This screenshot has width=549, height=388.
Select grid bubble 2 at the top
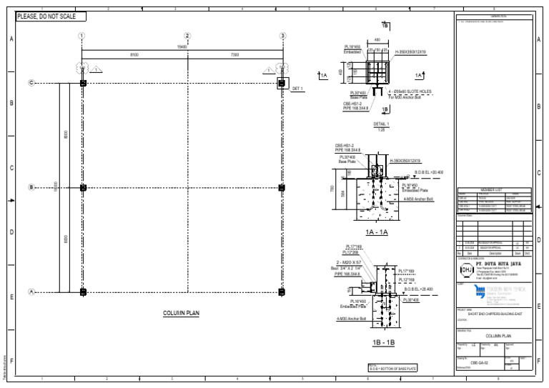(187, 36)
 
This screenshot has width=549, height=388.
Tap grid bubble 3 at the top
(282, 36)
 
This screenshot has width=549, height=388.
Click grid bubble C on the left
(31, 84)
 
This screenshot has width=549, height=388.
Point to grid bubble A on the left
(31, 292)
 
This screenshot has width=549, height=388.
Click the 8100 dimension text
(134, 54)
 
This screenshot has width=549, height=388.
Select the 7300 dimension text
(234, 54)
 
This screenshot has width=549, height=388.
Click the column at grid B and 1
(83, 188)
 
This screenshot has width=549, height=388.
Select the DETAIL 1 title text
(382, 124)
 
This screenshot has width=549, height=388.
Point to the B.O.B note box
(392, 368)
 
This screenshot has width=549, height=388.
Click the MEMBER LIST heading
(494, 189)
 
